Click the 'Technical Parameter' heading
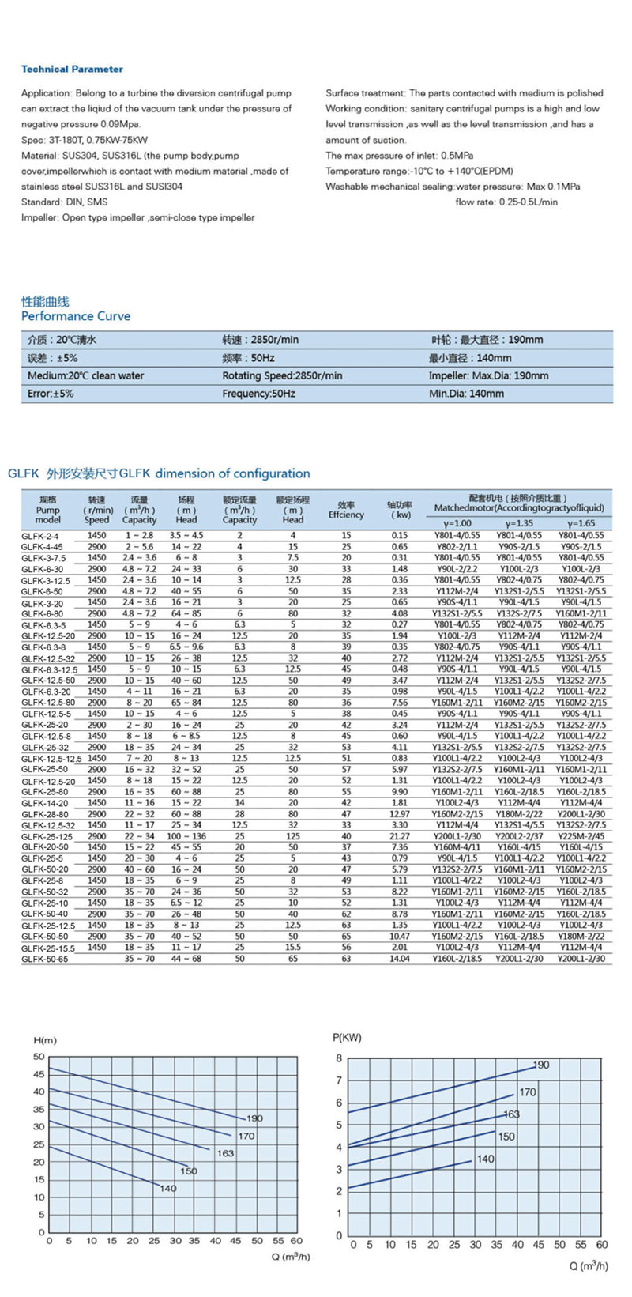[x=72, y=70]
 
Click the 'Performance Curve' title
[x=76, y=316]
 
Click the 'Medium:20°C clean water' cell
[x=86, y=376]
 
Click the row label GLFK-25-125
[x=47, y=837]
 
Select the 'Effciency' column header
[x=346, y=515]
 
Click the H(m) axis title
[x=45, y=1040]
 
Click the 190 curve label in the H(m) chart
[x=254, y=1119]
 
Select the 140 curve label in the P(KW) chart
[x=485, y=1159]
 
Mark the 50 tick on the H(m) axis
[x=39, y=1057]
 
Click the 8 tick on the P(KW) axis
[x=339, y=1058]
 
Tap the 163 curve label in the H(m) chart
[x=225, y=1153]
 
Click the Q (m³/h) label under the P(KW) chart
[x=589, y=1266]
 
